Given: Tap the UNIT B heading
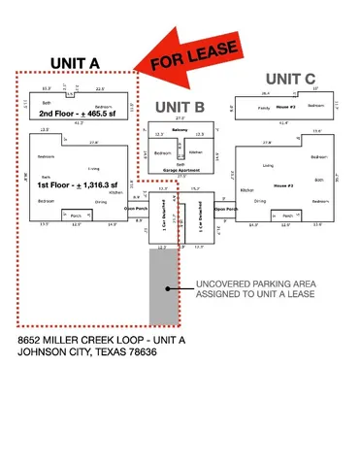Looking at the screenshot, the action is [180, 106].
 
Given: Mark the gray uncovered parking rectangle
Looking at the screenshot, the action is [163, 286].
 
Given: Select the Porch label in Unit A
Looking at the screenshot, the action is [76, 216].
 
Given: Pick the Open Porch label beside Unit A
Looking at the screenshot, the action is [135, 208].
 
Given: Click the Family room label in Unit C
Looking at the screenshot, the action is [265, 109].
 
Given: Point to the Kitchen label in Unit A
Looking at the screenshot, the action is [115, 192].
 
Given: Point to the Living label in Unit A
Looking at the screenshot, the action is [93, 168].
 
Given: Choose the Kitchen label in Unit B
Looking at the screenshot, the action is [194, 152].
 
